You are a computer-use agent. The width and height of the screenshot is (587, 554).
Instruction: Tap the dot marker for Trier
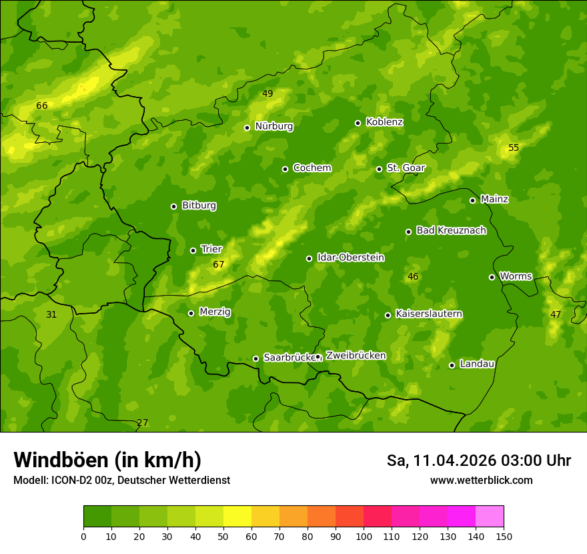pos(193,250)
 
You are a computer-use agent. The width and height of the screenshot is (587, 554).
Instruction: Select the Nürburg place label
pos(273,126)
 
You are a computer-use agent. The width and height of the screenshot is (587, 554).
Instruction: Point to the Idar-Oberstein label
pos(350,258)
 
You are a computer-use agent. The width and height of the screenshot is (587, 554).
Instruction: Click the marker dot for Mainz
pos(472,200)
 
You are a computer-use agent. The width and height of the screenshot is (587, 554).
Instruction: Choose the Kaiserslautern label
pos(429,314)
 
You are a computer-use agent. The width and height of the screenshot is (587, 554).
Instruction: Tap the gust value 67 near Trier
pos(219,265)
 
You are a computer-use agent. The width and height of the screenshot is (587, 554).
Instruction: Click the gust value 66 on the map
pos(42,105)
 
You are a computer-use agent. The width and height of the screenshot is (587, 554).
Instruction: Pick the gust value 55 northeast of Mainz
pos(514,148)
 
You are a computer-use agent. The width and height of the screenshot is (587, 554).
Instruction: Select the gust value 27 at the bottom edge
pos(142,423)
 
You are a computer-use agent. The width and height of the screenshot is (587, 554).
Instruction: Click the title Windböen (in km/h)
pos(107,460)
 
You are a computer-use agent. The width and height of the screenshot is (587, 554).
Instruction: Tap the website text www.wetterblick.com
pos(481,480)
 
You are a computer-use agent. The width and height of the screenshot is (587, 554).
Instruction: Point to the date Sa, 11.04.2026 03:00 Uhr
pos(478,461)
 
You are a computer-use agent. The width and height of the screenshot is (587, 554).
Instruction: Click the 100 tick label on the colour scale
pos(364,536)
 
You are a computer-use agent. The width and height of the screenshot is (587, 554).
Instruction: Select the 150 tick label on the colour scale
pos(504,536)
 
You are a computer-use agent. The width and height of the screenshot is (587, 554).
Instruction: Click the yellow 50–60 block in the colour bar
pos(237,517)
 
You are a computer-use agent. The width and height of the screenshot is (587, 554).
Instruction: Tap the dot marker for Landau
pos(452,365)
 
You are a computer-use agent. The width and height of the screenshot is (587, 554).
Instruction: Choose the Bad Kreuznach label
pos(451,230)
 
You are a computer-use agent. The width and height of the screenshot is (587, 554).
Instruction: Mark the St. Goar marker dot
pos(379,169)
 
